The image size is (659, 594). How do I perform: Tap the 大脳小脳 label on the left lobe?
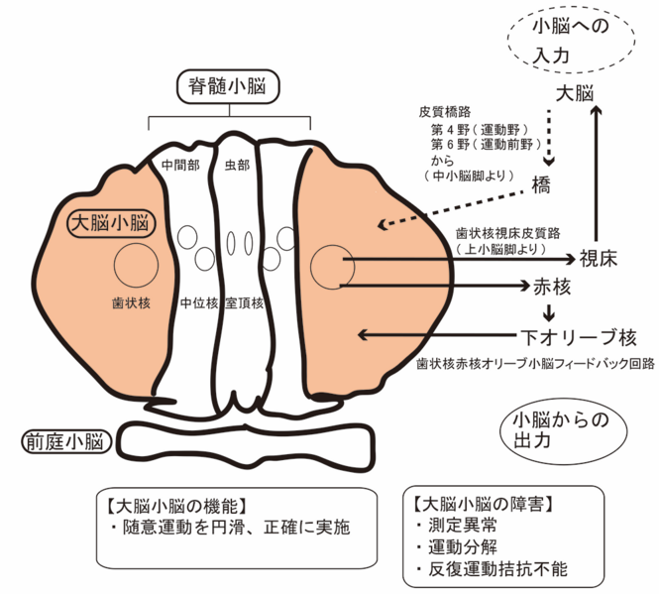point(109,222)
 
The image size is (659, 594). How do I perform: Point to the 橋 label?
point(540,184)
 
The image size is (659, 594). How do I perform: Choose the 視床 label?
point(598,260)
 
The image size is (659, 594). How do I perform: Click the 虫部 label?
point(238,164)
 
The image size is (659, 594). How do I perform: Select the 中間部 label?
point(179,164)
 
